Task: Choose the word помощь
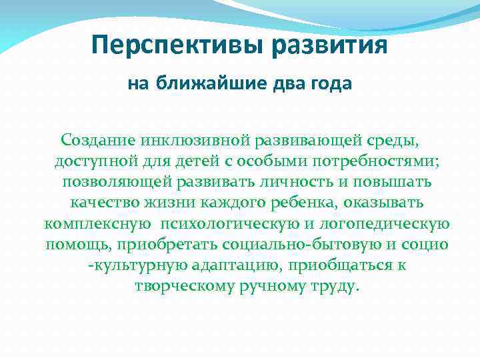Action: point(75,245)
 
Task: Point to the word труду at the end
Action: point(336,287)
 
